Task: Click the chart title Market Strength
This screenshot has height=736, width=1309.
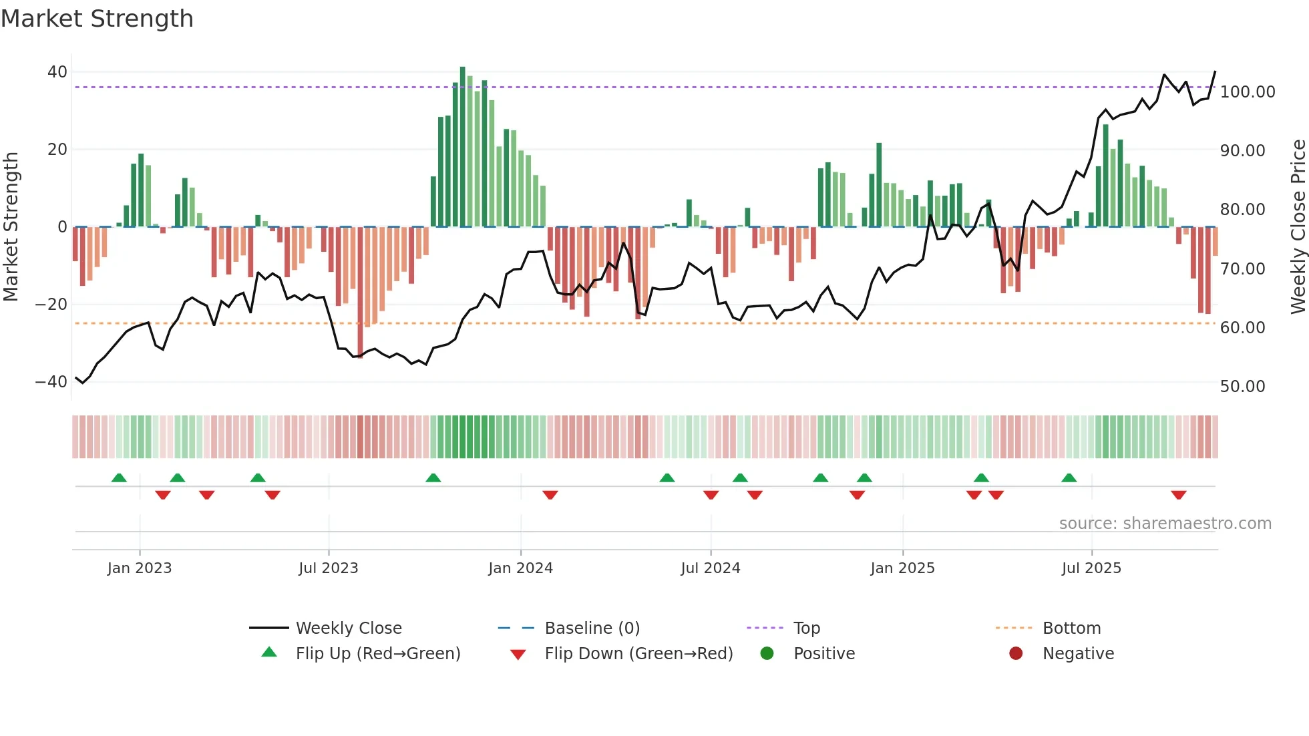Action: click(97, 19)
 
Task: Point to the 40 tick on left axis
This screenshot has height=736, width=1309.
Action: click(57, 71)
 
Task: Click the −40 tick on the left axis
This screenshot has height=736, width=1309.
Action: click(51, 382)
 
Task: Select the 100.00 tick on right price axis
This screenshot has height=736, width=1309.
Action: click(1247, 92)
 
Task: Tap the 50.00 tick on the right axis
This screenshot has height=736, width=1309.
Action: click(1242, 387)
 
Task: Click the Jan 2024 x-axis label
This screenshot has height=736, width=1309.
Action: click(520, 568)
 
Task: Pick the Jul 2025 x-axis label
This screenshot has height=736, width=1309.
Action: click(1091, 568)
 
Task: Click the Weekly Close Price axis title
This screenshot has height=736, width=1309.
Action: click(1298, 227)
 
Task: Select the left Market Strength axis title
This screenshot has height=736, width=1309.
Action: click(11, 227)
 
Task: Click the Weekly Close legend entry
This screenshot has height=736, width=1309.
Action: click(348, 628)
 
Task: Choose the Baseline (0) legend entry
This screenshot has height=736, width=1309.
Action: click(592, 628)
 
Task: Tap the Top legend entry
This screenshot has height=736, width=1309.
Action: click(806, 628)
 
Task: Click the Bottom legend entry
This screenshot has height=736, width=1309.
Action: click(1071, 628)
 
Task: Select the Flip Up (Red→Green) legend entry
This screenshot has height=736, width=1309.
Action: click(377, 654)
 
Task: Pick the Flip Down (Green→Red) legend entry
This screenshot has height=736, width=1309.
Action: click(638, 654)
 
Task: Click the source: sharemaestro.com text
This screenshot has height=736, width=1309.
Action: click(1165, 524)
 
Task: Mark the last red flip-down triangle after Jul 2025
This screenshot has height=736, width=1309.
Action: click(1178, 495)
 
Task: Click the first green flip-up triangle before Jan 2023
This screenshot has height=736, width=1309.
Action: click(119, 478)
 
